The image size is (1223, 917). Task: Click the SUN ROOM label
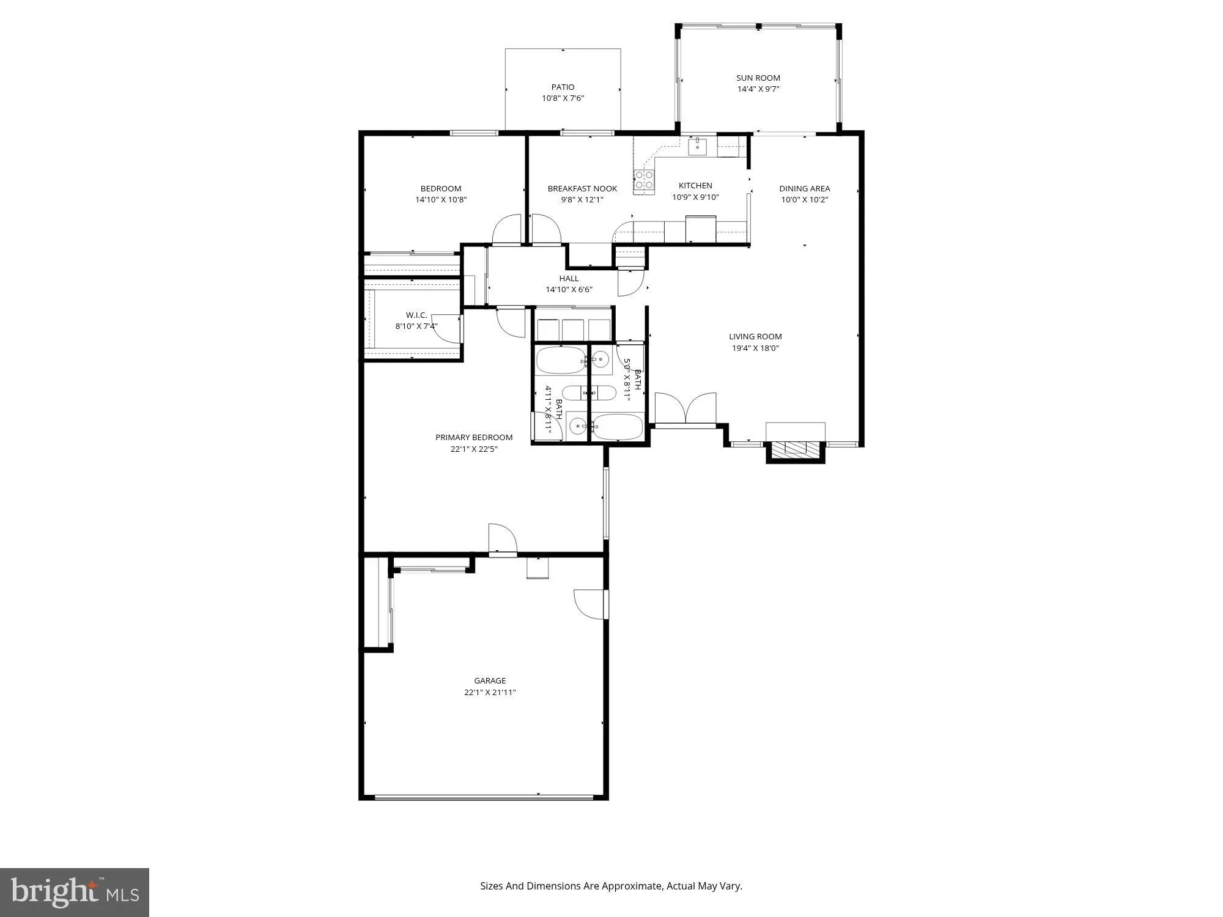(758, 78)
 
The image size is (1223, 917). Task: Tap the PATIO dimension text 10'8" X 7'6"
(563, 98)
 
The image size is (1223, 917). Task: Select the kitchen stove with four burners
(644, 180)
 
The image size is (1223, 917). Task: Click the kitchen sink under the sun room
(697, 147)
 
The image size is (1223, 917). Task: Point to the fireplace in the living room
(795, 449)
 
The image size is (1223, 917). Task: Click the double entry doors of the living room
(685, 408)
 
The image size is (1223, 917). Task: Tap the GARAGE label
(490, 680)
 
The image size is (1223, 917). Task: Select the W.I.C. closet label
(416, 315)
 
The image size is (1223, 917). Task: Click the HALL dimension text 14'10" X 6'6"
(569, 290)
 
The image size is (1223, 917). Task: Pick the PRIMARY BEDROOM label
(474, 437)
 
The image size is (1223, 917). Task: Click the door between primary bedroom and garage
(502, 539)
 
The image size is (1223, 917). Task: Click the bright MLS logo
(74, 893)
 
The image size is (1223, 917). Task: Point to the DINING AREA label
(804, 188)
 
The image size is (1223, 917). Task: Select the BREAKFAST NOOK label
(582, 188)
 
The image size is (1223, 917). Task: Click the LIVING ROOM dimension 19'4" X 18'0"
(755, 348)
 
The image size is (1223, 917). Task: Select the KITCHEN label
(695, 185)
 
